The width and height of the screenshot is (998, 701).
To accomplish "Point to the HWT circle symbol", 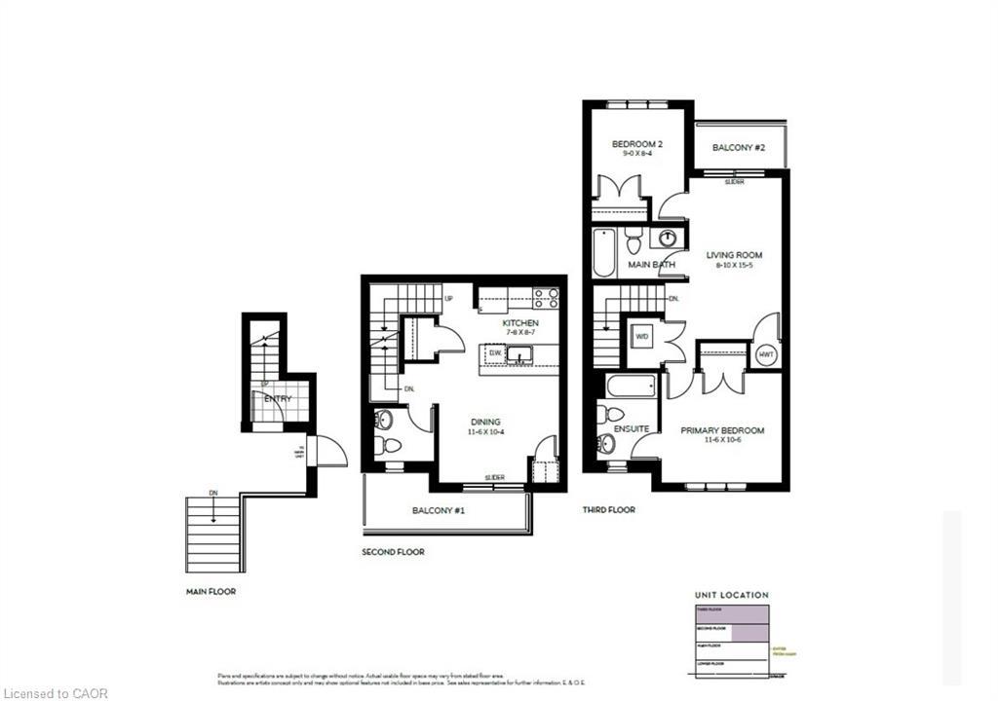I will click(765, 355).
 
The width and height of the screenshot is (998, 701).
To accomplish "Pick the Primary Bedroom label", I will click(722, 430).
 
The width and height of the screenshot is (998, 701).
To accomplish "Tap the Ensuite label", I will click(631, 429).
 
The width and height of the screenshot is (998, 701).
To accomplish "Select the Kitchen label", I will click(519, 323).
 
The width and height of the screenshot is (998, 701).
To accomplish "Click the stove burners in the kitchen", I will click(546, 298).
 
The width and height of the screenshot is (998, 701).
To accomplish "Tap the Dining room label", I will click(483, 422).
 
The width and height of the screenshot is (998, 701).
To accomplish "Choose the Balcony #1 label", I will click(437, 509).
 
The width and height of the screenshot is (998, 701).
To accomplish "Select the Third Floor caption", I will click(608, 509).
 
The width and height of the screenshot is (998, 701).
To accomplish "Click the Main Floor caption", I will click(211, 591).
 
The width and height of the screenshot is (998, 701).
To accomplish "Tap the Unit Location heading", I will click(731, 594).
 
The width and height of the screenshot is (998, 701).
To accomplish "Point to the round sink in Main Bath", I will click(669, 239).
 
